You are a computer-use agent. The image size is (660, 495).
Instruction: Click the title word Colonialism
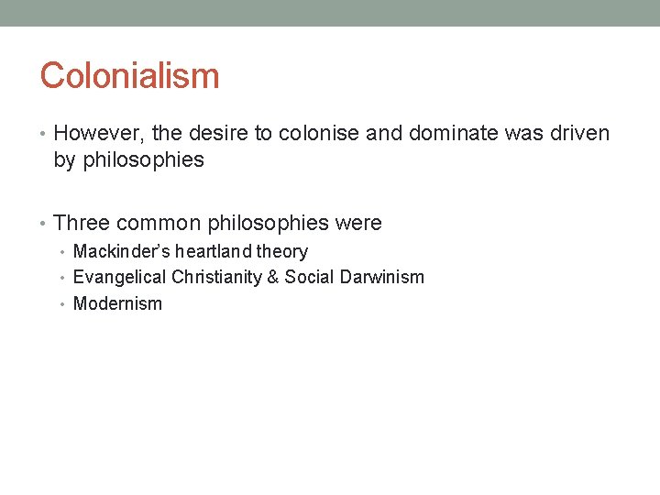129,76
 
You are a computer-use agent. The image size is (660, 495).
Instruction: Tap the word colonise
319,134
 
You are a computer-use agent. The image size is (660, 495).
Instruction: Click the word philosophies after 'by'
143,160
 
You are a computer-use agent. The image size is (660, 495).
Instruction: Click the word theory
282,252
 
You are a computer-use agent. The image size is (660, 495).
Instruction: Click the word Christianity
213,277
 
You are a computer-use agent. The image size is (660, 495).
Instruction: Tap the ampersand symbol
273,277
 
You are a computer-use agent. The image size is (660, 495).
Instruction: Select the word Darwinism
378,277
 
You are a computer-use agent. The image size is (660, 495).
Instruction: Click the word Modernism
117,303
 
